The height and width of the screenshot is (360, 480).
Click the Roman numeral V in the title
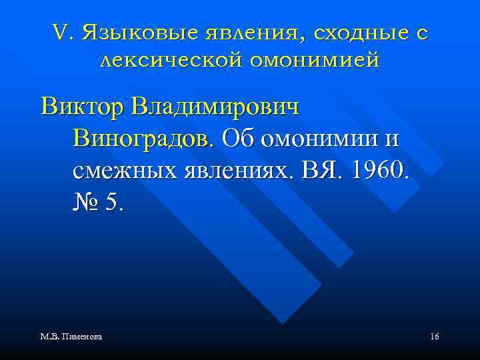pyautogui.click(x=57, y=33)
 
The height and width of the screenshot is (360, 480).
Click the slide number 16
pyautogui.click(x=434, y=337)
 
